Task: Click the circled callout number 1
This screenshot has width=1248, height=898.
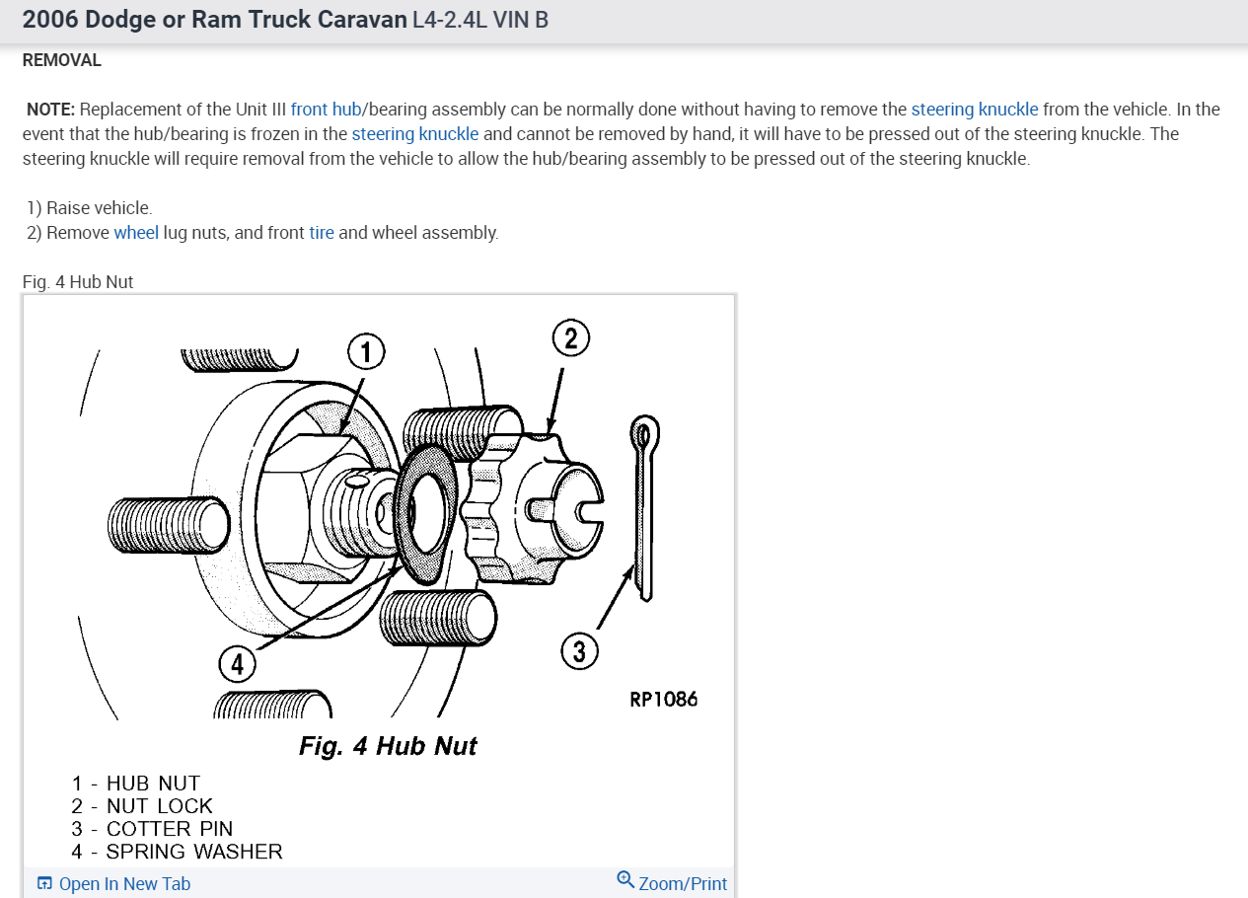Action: click(x=365, y=350)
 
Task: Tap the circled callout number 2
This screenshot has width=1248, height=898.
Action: click(x=570, y=338)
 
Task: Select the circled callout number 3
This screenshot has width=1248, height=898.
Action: click(x=579, y=651)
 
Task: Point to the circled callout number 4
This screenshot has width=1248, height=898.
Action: click(x=237, y=665)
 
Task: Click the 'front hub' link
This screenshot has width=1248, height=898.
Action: click(x=326, y=110)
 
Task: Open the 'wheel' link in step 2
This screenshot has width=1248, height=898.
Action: click(x=136, y=233)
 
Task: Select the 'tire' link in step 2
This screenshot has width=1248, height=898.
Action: click(x=322, y=233)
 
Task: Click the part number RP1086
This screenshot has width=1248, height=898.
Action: click(x=663, y=700)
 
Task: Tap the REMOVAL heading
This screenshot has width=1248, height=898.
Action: click(x=61, y=60)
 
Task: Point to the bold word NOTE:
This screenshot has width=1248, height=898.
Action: click(x=50, y=110)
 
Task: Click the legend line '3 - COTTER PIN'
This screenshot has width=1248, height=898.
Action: click(x=152, y=829)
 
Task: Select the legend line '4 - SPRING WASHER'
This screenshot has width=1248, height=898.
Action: click(x=177, y=852)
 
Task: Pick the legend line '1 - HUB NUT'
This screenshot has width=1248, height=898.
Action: click(x=135, y=784)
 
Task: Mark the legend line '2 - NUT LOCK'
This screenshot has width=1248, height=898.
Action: click(x=142, y=806)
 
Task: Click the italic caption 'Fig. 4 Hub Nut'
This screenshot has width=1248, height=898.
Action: click(x=388, y=746)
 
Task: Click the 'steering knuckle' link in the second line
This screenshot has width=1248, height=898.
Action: click(x=415, y=133)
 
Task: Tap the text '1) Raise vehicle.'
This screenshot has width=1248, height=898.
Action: click(x=90, y=208)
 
